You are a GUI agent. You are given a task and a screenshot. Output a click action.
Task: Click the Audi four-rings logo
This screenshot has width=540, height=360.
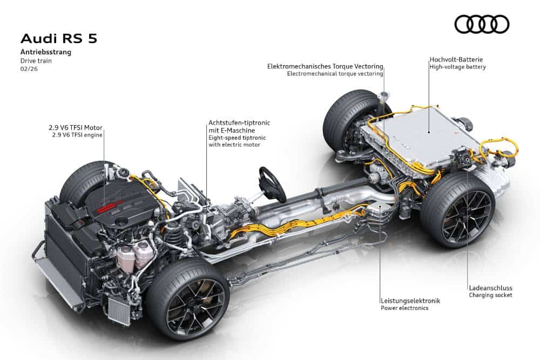click(x=482, y=24)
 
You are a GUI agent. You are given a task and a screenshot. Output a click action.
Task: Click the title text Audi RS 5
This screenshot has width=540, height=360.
click(x=59, y=38)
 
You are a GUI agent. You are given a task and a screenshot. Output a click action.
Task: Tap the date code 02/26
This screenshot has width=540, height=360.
click(x=29, y=69)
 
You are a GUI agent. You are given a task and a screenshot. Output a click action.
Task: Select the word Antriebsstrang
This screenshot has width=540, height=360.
click(x=46, y=52)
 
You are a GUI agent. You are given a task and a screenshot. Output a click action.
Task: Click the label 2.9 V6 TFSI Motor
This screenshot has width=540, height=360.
click(x=76, y=128)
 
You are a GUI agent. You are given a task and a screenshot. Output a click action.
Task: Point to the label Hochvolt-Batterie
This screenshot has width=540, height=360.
click(x=456, y=59)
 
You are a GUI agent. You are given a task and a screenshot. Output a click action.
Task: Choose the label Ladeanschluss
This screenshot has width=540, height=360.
click(x=490, y=288)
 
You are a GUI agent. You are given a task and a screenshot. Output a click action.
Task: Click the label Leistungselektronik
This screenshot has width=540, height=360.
click(x=410, y=301)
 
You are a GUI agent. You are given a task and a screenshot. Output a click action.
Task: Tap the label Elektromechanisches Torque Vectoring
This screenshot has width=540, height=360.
click(x=325, y=66)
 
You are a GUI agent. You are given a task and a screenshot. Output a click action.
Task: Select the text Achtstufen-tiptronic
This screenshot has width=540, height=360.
click(x=239, y=123)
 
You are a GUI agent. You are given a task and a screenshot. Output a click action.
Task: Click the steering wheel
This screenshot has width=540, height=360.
click(x=272, y=185)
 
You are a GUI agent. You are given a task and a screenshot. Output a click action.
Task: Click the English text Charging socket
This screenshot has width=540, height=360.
click(x=490, y=295)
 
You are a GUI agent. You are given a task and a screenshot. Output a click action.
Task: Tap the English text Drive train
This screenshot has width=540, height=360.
click(x=36, y=61)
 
